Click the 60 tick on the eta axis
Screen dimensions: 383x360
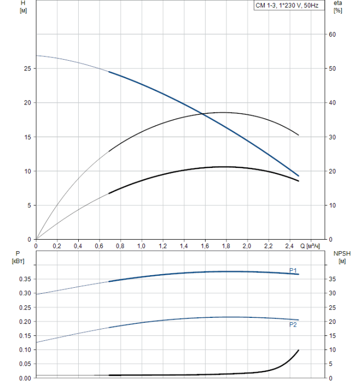point(332,34)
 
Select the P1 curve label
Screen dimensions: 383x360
point(293,270)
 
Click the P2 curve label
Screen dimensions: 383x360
point(293,324)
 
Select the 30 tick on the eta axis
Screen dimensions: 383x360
point(332,137)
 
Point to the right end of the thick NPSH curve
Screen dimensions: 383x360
point(299,350)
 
